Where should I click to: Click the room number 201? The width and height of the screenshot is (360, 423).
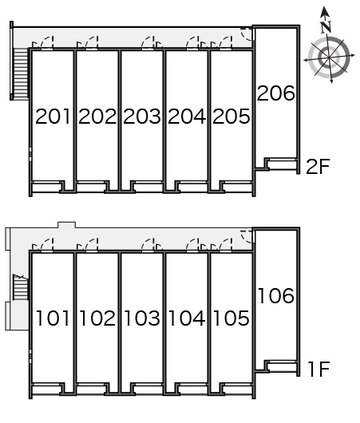click(53, 117)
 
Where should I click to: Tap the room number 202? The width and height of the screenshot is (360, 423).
click(97, 117)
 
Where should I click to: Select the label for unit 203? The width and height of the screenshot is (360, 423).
click(142, 117)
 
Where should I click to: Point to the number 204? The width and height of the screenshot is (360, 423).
click(187, 117)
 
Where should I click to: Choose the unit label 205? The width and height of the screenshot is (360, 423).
click(231, 117)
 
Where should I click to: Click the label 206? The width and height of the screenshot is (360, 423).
click(276, 93)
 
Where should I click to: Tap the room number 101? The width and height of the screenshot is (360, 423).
click(53, 319)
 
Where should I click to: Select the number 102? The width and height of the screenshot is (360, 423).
click(97, 319)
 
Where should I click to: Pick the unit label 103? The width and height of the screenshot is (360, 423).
click(142, 319)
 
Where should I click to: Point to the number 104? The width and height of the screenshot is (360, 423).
click(187, 319)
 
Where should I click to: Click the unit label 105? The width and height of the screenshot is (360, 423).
click(231, 319)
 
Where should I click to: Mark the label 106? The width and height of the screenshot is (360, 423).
click(276, 296)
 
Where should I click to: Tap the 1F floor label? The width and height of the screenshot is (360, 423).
click(318, 370)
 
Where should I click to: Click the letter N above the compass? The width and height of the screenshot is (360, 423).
click(325, 26)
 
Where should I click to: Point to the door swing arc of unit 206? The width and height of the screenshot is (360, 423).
click(248, 34)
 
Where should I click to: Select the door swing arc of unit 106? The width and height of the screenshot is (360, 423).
click(248, 236)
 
